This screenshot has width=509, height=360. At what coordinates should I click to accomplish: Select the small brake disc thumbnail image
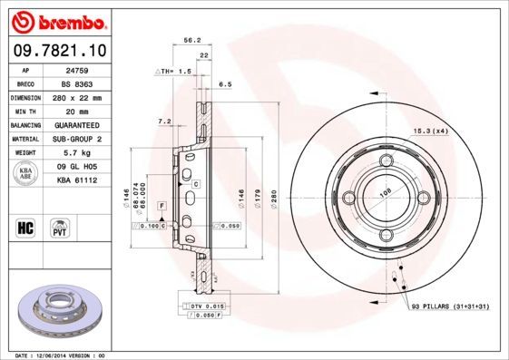coord(56,312)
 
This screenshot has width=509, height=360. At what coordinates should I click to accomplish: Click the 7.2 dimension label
coord(164,121)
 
